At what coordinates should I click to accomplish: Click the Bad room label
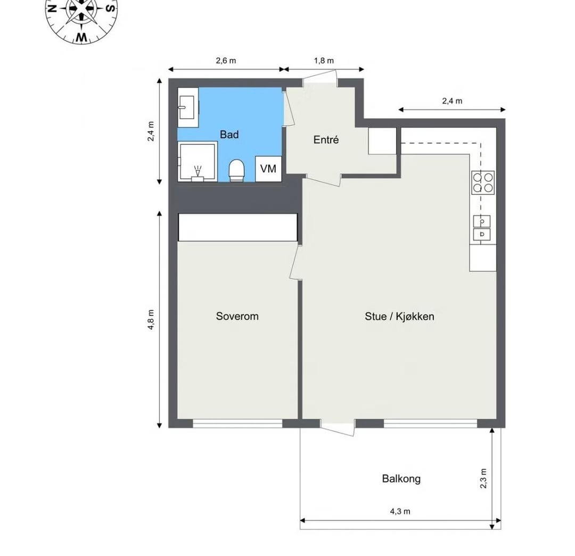[x=229, y=135]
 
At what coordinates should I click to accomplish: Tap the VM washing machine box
[x=268, y=169]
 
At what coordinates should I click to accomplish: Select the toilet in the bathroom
[x=236, y=170]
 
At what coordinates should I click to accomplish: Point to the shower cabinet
[x=198, y=161]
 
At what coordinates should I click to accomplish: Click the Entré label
[x=326, y=139]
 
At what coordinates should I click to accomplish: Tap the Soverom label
[x=237, y=316]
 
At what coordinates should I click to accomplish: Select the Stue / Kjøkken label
[x=399, y=316]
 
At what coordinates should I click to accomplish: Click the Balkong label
[x=401, y=479]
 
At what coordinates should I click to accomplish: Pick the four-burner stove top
[x=482, y=182]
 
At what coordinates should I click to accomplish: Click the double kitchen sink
[x=482, y=228]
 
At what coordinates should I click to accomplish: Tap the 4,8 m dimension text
[x=151, y=320]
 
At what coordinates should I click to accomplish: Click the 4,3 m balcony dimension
[x=400, y=511]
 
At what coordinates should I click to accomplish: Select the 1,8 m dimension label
[x=324, y=61]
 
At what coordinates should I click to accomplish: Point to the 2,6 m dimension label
[x=226, y=61]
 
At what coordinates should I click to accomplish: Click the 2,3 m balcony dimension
[x=483, y=479]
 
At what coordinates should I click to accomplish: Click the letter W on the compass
[x=81, y=37]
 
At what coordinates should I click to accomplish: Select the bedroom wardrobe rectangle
[x=237, y=227]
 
